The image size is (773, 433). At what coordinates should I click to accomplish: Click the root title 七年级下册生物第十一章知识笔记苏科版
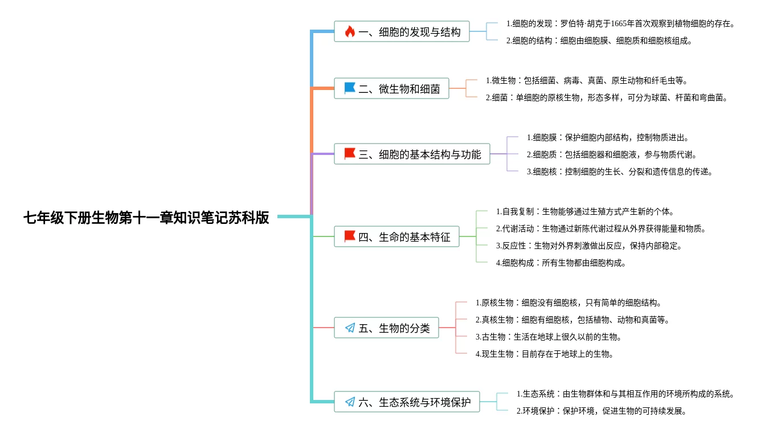pyautogui.click(x=146, y=218)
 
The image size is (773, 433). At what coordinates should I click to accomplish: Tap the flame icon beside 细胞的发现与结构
pyautogui.click(x=350, y=31)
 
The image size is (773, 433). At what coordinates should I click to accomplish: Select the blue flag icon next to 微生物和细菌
pyautogui.click(x=350, y=88)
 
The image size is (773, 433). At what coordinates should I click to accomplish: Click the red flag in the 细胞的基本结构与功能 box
pyautogui.click(x=350, y=153)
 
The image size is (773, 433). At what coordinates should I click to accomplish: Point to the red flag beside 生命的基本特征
pyautogui.click(x=350, y=236)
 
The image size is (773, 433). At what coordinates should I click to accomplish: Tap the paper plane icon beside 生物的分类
pyautogui.click(x=350, y=328)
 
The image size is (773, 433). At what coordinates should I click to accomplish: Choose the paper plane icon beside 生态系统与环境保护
pyautogui.click(x=350, y=402)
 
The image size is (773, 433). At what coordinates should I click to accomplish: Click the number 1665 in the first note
pyautogui.click(x=619, y=23)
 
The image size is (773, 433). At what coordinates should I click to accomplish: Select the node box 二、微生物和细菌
pyautogui.click(x=391, y=88)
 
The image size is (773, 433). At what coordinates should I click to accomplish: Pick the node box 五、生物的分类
pyautogui.click(x=386, y=328)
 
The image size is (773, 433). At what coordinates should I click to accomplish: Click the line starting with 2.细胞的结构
pyautogui.click(x=599, y=40)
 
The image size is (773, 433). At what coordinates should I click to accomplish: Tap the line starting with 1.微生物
pyautogui.click(x=587, y=80)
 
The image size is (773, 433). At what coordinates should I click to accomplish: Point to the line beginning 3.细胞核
pyautogui.click(x=620, y=171)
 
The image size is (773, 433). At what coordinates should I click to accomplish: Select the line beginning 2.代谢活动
pyautogui.click(x=601, y=228)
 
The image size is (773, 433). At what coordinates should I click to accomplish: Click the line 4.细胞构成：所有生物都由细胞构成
pyautogui.click(x=561, y=263)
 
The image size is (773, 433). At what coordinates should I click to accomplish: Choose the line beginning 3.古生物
pyautogui.click(x=549, y=337)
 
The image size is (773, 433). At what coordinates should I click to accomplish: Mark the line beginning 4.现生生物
pyautogui.click(x=545, y=354)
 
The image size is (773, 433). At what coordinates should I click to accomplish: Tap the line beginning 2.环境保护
pyautogui.click(x=602, y=411)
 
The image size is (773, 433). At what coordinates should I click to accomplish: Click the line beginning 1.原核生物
pyautogui.click(x=568, y=303)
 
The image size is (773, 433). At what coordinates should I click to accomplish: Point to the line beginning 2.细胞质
pyautogui.click(x=612, y=154)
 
